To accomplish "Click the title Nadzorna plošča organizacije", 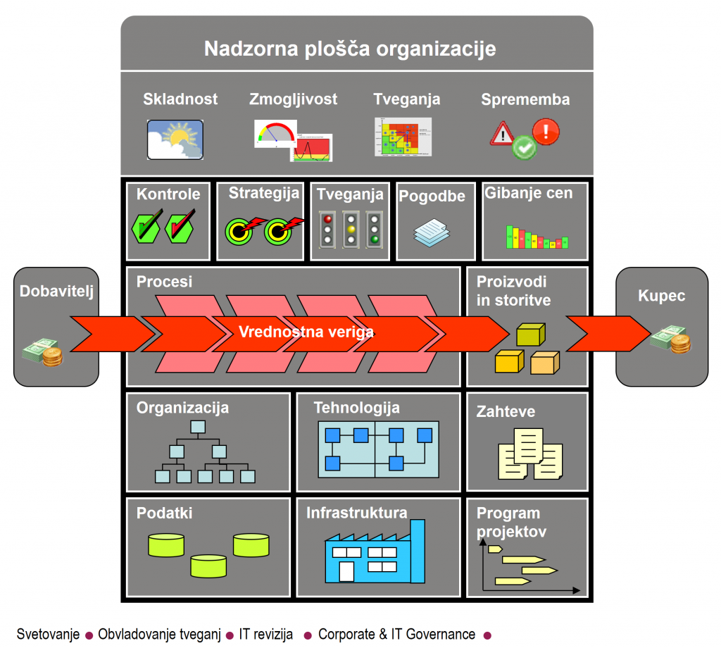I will pos(350,49).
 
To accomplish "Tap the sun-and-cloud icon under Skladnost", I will pos(175,139).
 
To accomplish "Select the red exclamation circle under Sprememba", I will pos(546,130).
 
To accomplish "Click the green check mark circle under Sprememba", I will pos(523,148).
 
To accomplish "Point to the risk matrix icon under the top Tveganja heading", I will pos(403,137).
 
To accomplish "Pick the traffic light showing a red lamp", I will pos(326,228).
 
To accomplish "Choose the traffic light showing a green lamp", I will pos(374,228).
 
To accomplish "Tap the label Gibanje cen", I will pos(529,193).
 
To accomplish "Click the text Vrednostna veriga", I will pos(306,332).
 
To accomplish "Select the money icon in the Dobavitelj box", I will pos(42,353).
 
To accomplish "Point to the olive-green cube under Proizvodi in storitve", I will pos(532,335).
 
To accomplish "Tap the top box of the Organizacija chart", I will pos(197,426).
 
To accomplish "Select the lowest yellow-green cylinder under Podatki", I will pos(208,565).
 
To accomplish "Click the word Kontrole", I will pos(168,194).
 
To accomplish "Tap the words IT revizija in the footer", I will pos(266,635).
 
